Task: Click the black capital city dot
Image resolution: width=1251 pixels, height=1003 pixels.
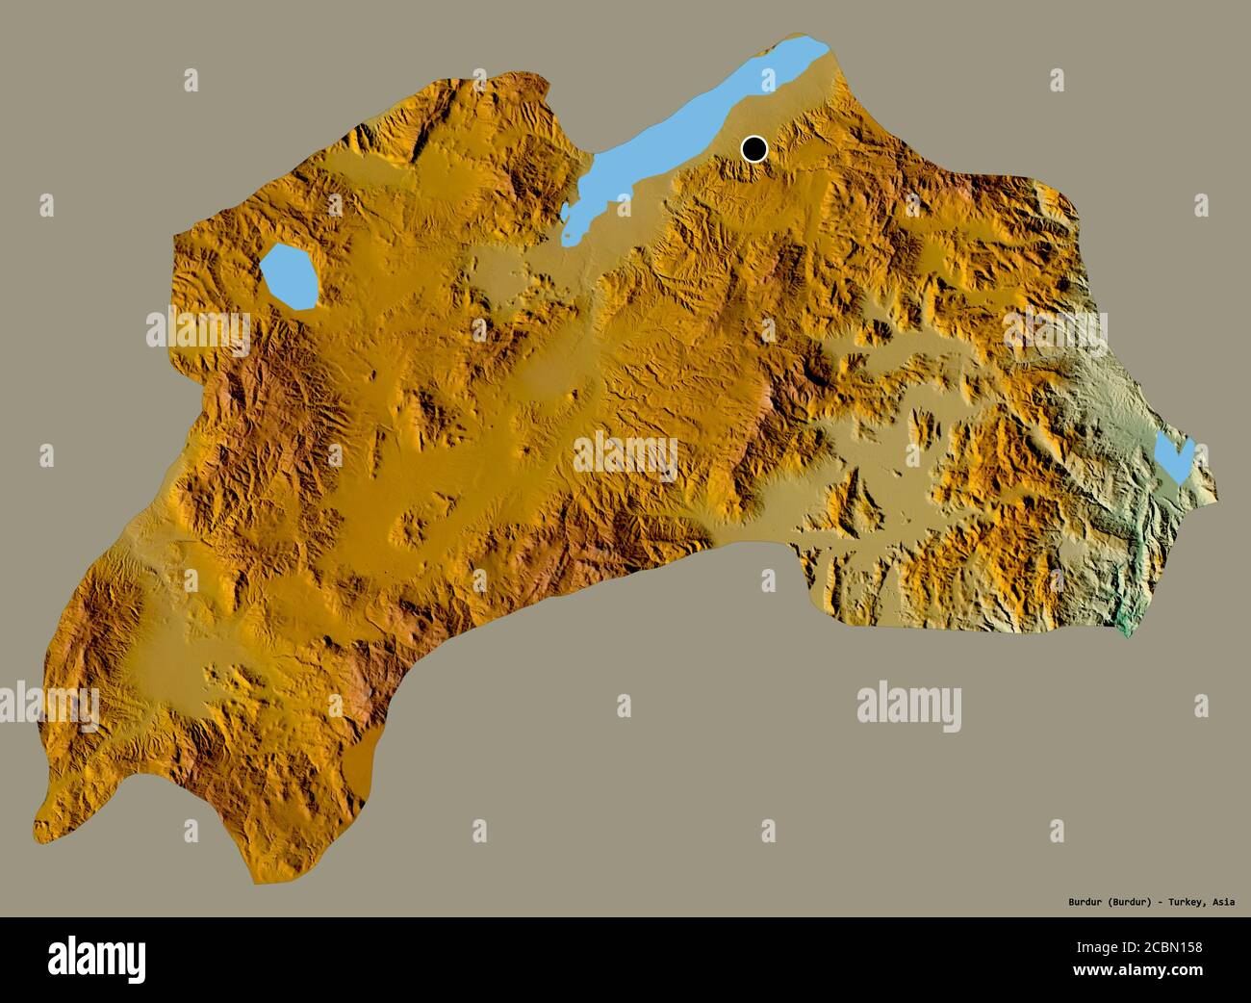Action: (754, 149)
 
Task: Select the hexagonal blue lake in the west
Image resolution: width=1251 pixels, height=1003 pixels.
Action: (290, 276)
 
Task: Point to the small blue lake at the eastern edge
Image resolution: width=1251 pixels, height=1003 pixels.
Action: (1174, 458)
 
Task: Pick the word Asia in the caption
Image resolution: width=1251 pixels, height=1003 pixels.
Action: (1225, 902)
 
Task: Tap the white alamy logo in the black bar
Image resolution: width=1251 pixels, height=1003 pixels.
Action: (97, 959)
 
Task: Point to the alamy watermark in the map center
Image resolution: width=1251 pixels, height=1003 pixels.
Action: (625, 452)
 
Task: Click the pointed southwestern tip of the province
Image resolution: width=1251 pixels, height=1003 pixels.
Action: (38, 826)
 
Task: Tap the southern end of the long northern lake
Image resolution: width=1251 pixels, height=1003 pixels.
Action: (570, 237)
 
